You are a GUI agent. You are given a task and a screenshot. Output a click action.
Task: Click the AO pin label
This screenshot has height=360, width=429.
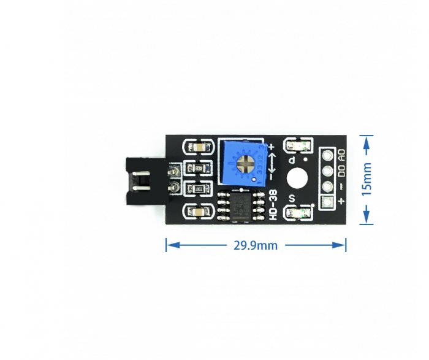[x=341, y=155]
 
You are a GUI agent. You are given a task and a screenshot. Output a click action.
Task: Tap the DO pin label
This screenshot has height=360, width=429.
[x=341, y=170]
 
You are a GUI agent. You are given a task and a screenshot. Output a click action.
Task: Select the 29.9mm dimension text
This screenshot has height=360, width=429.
[x=256, y=245]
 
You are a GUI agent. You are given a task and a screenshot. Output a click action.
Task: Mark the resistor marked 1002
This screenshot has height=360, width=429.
[x=199, y=168]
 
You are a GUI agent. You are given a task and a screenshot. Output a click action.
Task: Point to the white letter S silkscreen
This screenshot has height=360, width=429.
[x=292, y=197]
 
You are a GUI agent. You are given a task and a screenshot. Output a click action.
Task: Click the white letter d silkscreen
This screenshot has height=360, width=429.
[x=292, y=161]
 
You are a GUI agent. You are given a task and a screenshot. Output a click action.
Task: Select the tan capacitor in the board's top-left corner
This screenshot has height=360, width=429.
[x=200, y=148]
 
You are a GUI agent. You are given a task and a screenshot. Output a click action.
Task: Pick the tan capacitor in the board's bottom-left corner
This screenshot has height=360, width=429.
[x=200, y=211]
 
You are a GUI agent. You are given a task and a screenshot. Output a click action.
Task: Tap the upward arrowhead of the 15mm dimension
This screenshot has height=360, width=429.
[x=366, y=142]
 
